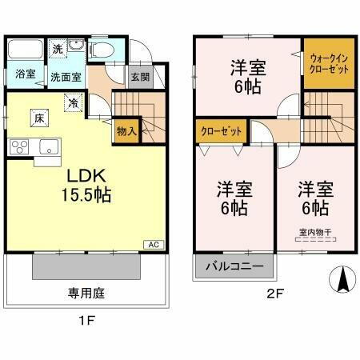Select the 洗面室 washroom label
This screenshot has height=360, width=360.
(x=66, y=78)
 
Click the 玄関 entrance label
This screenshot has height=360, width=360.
(x=138, y=78)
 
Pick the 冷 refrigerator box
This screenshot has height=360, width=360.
(x=72, y=102)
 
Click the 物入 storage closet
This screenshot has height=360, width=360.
(x=127, y=130)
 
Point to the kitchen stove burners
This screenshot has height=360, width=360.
(x=18, y=147)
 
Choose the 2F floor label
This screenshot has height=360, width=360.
(x=274, y=294)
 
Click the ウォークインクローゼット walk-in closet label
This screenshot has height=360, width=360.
(x=328, y=64)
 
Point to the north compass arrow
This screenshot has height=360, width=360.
(x=341, y=280)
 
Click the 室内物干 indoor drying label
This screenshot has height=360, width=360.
(x=315, y=233)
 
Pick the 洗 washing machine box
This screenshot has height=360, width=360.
(x=58, y=48)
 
